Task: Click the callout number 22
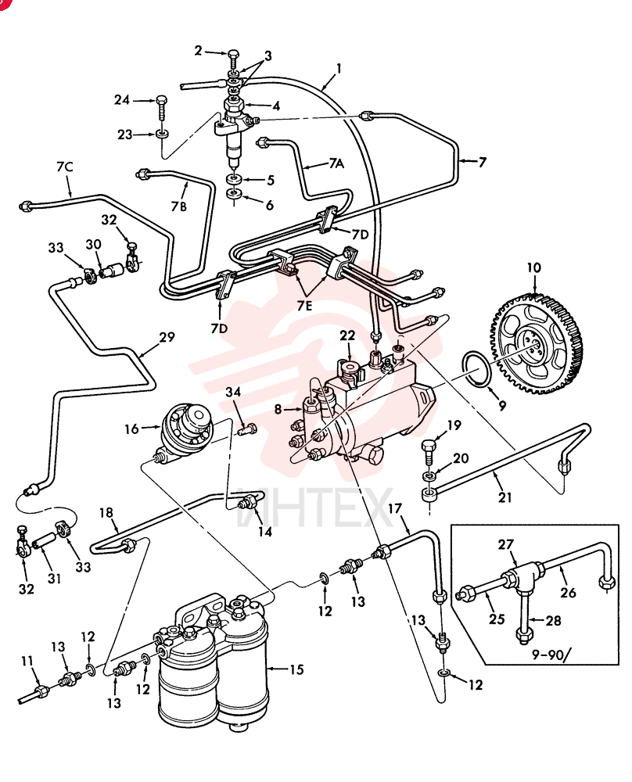(347, 335)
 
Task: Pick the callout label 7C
(65, 167)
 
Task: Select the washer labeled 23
(162, 135)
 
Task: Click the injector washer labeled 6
(233, 193)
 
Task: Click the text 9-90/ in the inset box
(548, 655)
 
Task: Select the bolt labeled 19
(429, 450)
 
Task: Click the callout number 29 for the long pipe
(167, 337)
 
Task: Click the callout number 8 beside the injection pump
(278, 410)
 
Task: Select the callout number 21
(505, 497)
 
